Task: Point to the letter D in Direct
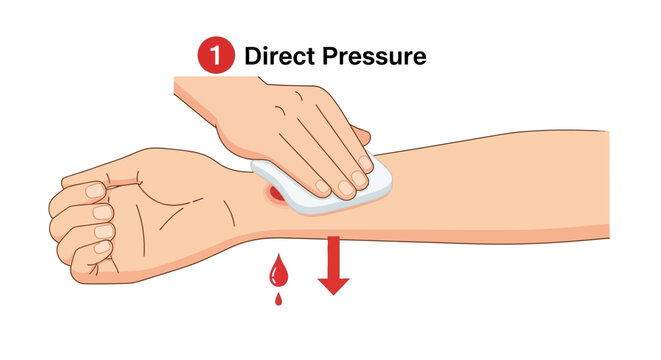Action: [254, 56]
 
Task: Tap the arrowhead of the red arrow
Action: [333, 285]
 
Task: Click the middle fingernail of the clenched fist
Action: [101, 211]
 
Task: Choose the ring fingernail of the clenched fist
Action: [102, 231]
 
